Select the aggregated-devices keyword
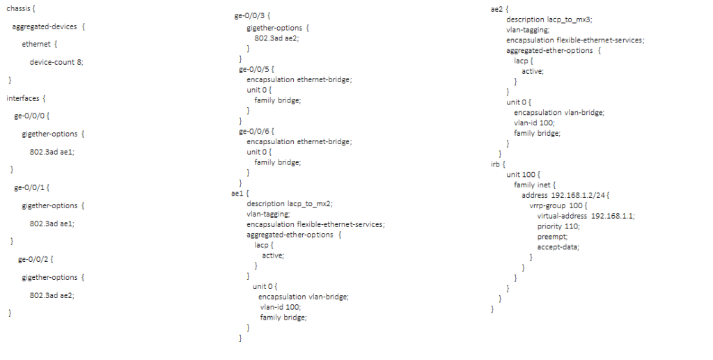coord(45,26)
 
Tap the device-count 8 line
coord(56,62)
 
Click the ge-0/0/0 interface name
coord(30,116)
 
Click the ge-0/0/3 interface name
coord(254,13)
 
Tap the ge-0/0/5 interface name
coord(254,70)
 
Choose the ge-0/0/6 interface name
coord(254,131)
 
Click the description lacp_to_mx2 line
coord(289,203)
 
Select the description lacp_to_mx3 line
coord(549,20)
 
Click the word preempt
coord(551,236)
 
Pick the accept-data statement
coord(558,246)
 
